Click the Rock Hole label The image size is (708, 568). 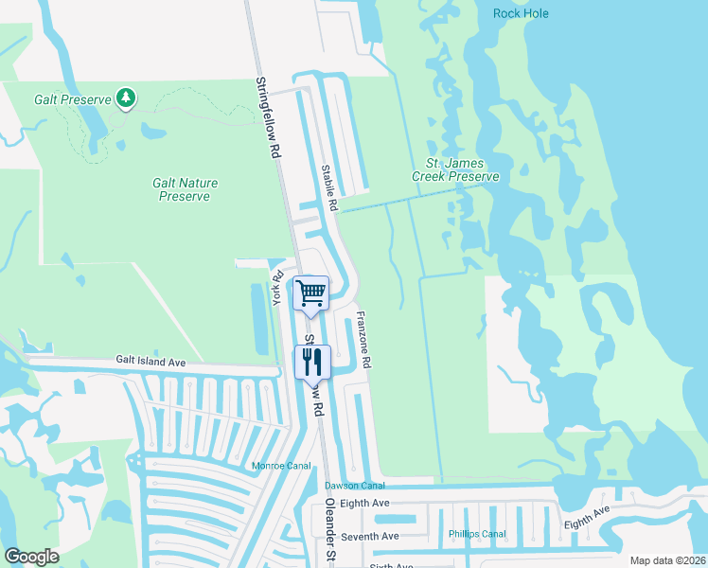(x=521, y=13)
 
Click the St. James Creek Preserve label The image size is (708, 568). (x=454, y=169)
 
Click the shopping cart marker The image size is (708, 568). (x=311, y=293)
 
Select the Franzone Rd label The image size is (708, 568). (x=362, y=338)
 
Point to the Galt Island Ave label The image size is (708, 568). (x=151, y=361)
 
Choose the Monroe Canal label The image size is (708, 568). (x=280, y=466)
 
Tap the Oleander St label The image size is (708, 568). (x=330, y=529)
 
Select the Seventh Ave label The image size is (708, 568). (x=370, y=537)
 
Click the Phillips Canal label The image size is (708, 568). (x=477, y=533)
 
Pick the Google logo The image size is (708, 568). (x=31, y=557)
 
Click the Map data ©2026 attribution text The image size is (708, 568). (x=667, y=560)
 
